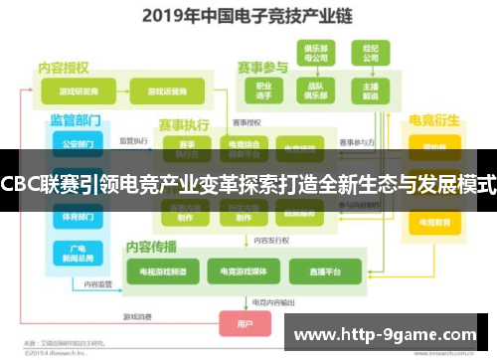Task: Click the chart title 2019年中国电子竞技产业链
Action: pos(248,16)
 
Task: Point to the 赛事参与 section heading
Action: pos(263,68)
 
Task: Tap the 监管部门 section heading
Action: pos(75,120)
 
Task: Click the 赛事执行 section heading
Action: pos(184,126)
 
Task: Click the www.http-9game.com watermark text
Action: pos(391,332)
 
